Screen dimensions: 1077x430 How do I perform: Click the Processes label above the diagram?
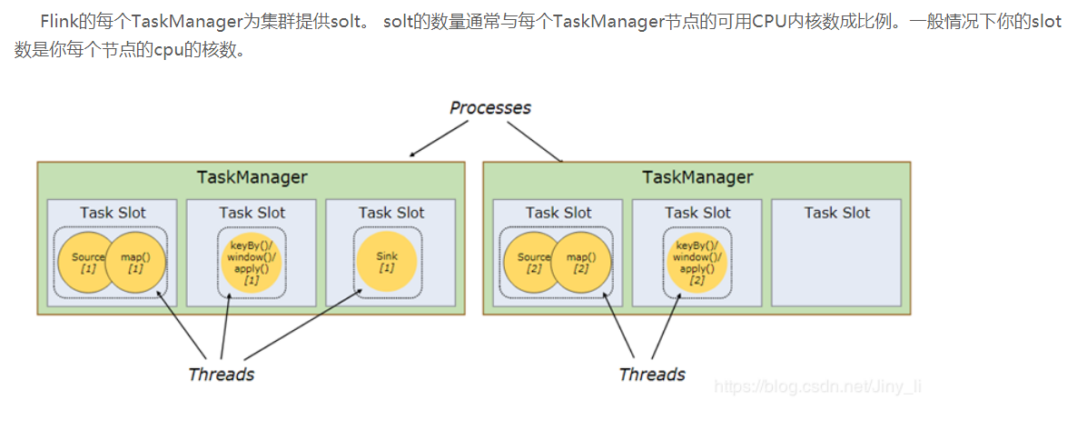490,108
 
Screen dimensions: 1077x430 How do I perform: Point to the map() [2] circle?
581,263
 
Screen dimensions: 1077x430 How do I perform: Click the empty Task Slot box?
836,253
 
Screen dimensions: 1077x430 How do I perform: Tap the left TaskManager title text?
252,177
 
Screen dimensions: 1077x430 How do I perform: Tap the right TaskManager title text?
697,177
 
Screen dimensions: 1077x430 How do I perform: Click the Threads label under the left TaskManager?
222,375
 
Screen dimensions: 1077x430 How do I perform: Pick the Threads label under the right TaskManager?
652,375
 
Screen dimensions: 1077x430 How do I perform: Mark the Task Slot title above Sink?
391,213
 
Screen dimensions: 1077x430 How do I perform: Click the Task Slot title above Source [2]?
558,213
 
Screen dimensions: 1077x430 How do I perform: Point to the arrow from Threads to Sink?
303,324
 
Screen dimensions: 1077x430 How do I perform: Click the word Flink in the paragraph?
57,19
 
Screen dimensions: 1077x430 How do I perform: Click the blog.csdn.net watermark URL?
817,386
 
